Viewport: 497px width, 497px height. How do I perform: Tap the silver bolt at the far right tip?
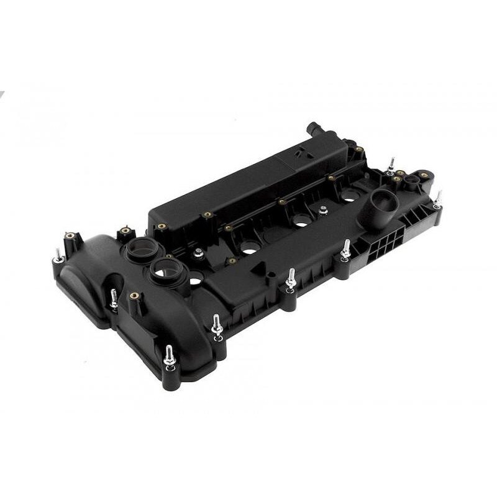coord(437,199)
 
